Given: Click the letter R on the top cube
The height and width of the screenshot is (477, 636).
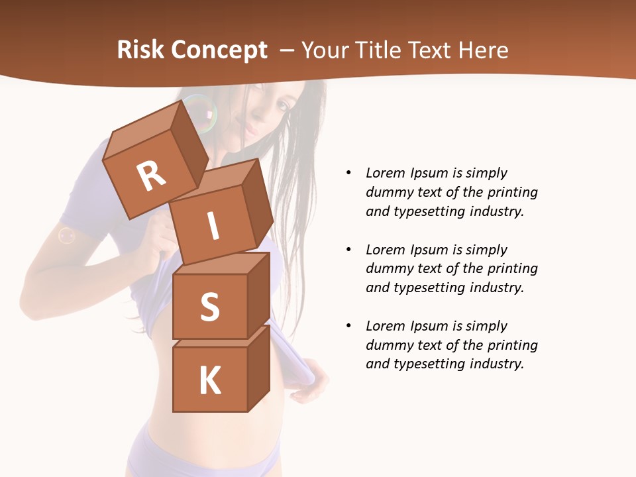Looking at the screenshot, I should pos(151,175).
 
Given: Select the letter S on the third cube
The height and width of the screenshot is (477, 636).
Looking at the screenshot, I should pos(209,307).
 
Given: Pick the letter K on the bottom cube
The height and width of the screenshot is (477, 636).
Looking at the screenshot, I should pos(209,380).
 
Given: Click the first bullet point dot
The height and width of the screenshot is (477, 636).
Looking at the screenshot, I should pos(348,174).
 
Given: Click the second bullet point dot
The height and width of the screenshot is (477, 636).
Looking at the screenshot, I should pos(348,250).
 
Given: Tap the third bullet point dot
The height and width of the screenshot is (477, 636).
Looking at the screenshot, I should pos(348,326).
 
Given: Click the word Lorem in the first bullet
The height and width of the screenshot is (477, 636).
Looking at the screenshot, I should pos(386,174).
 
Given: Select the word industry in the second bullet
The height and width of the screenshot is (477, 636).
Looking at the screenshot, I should pos(496,288).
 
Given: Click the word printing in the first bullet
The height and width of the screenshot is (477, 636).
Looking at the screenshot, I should pos(512,193).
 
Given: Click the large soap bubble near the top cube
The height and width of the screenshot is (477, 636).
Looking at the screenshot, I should pos(199,113).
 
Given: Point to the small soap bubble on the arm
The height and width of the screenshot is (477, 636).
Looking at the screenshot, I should pos(66,235).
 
